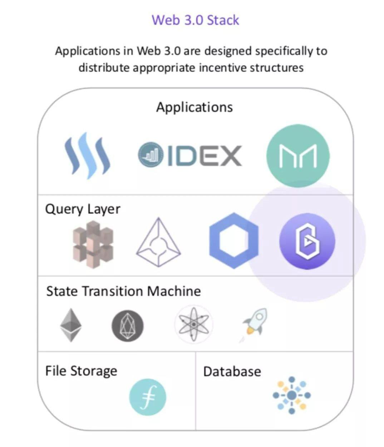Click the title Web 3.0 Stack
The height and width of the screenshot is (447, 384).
click(x=195, y=20)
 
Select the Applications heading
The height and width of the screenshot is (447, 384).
click(x=194, y=107)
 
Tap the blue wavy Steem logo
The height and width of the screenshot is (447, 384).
click(x=87, y=156)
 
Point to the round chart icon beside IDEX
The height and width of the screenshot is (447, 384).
click(x=151, y=155)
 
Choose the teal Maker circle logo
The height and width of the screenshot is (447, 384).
click(x=298, y=156)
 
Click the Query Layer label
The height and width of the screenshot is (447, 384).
click(x=83, y=209)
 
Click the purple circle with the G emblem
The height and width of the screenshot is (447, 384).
click(x=307, y=241)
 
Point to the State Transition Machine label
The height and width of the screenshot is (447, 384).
click(x=123, y=291)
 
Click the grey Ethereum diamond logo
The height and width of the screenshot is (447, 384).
click(x=70, y=325)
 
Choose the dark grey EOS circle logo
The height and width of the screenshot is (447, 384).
click(x=128, y=326)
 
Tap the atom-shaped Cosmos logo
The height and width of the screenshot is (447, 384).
click(x=193, y=324)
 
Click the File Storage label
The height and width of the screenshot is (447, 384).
click(x=81, y=371)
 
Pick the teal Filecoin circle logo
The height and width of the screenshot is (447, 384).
click(x=148, y=397)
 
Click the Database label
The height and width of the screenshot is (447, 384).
click(x=232, y=372)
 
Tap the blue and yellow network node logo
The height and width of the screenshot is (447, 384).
click(x=292, y=395)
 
